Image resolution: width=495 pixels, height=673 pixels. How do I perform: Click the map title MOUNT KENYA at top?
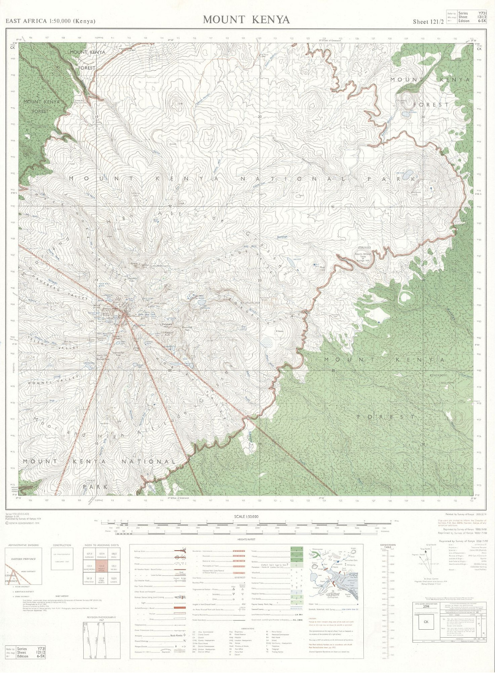[246, 19]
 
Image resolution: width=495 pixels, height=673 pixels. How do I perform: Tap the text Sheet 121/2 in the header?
[428, 22]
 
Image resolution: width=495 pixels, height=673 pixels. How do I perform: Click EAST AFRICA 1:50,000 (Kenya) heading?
[50, 21]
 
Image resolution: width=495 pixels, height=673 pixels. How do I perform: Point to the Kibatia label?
[280, 331]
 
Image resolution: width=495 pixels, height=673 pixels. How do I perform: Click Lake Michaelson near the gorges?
[201, 302]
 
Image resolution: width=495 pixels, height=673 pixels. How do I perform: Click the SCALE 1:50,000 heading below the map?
[246, 517]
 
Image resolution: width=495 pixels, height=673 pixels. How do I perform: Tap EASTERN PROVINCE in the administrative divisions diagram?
[24, 559]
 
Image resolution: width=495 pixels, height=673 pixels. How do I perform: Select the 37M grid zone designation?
[426, 607]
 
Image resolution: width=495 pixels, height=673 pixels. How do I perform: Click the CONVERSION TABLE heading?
[388, 546]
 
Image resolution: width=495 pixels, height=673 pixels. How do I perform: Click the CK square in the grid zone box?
[426, 622]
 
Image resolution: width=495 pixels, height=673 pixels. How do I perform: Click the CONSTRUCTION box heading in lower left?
[62, 545]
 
